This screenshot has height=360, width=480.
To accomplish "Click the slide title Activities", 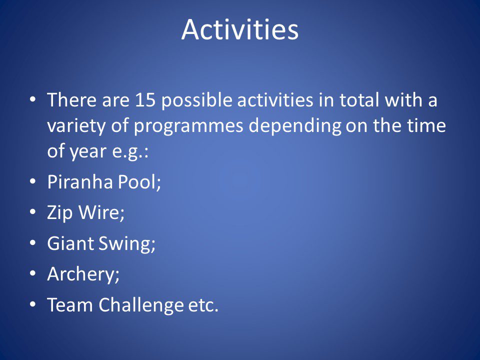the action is click(240, 29).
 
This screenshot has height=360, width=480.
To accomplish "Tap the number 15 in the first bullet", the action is click(145, 100).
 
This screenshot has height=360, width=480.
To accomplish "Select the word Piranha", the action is click(80, 182).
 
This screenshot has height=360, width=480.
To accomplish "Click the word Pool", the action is click(139, 182).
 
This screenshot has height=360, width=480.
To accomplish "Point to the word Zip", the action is click(60, 213).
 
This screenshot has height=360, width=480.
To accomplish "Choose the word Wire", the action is click(101, 212).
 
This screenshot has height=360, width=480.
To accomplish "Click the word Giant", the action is click(70, 243).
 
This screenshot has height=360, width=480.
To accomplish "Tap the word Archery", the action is click(83, 274).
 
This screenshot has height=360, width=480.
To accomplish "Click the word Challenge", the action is click(141, 305).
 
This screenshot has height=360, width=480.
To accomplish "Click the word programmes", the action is click(188, 126).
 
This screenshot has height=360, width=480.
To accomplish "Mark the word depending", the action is click(295, 126).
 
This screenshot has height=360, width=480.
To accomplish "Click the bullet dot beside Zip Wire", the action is click(33, 212).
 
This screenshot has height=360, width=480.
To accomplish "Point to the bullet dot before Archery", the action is click(33, 273).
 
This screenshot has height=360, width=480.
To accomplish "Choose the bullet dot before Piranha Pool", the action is click(33, 181).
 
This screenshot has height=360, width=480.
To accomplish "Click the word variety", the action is click(76, 126).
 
